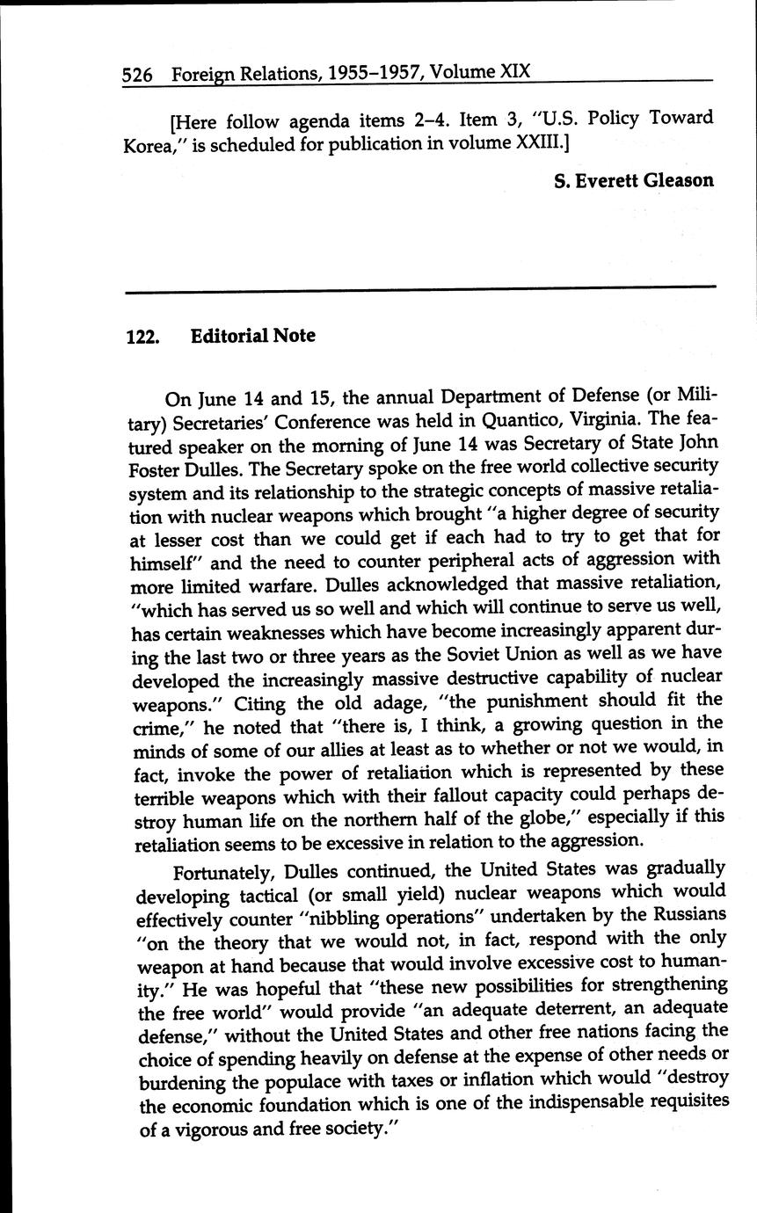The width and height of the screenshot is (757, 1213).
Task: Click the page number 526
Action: point(138,76)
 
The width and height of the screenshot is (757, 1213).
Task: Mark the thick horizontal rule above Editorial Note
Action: point(420,288)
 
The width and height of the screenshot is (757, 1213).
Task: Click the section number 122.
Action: point(142,337)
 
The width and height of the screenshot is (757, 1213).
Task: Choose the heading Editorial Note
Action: point(252,336)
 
